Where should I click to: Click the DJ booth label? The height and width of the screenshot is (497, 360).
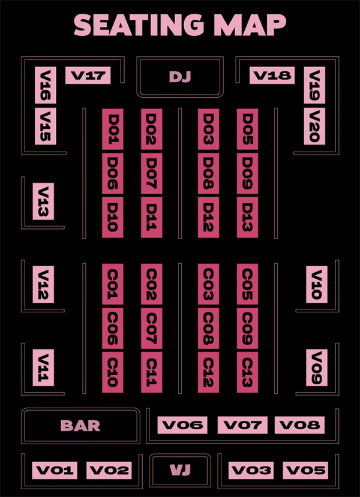[180, 77]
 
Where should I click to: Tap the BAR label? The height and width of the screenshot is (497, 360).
[80, 426]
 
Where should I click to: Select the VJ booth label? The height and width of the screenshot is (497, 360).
[180, 470]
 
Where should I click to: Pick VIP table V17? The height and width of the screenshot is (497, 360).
[88, 76]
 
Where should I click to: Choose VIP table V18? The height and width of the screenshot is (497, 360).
[272, 76]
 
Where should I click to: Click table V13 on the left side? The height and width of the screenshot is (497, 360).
[43, 201]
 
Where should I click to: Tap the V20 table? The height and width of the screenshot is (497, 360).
[314, 126]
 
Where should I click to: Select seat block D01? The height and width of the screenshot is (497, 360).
[113, 129]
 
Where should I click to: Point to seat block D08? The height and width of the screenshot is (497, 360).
[208, 173]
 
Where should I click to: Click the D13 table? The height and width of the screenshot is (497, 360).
[247, 217]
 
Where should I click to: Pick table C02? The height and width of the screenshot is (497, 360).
[152, 284]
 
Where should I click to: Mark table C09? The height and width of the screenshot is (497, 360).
[247, 328]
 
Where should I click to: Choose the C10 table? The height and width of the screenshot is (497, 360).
[113, 372]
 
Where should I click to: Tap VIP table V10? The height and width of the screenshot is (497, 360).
[317, 285]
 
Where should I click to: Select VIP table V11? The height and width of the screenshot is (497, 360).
[43, 368]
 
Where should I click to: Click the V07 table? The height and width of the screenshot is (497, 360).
[242, 425]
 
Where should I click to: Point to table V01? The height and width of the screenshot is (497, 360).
[55, 471]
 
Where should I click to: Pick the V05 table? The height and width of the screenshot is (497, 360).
[305, 471]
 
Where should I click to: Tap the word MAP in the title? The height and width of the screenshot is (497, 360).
[250, 25]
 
